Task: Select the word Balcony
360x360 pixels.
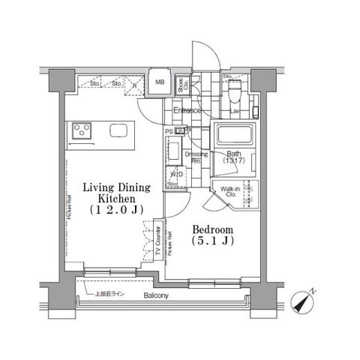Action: (157, 296)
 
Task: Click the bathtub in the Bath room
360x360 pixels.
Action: (235, 136)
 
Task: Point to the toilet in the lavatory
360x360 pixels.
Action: (234, 94)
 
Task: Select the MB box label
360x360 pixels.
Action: (159, 83)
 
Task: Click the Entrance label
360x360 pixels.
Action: (187, 111)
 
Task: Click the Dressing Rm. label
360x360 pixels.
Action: (197, 157)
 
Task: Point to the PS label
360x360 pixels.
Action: (169, 131)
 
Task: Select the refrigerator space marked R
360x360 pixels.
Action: (133, 85)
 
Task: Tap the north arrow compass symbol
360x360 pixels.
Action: (305, 302)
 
